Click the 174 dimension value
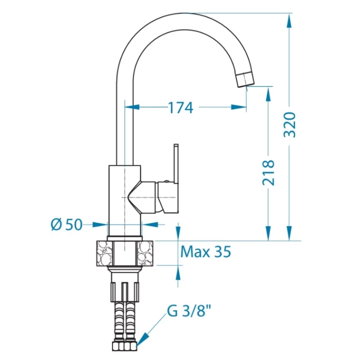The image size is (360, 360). pos(181,108)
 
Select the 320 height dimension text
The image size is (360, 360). pos(289,125)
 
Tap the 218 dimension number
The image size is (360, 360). pos(268,173)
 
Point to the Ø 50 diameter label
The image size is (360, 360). pos(66,224)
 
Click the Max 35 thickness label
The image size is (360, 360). pos(206,252)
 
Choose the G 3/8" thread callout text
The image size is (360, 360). pos(188,311)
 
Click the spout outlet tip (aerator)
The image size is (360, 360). pos(246,79)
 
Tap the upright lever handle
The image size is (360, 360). pos(176,164)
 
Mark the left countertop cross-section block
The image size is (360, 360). pos(105,253)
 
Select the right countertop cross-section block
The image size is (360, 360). pos(145,253)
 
